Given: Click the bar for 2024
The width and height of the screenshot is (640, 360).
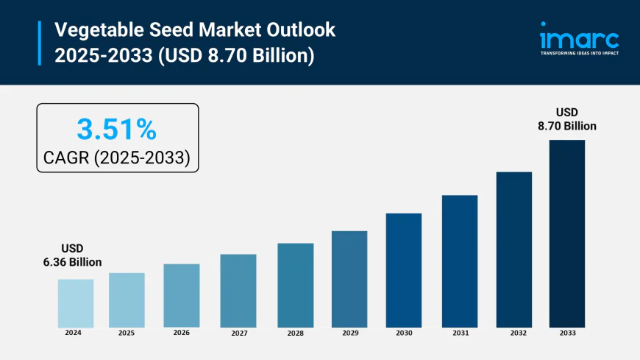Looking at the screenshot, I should tap(76, 303).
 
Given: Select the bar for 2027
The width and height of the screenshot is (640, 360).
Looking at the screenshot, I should tap(238, 291).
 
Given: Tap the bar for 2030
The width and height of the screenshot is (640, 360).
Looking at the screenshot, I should tap(404, 270).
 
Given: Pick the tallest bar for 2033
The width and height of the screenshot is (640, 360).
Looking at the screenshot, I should tap(566, 233).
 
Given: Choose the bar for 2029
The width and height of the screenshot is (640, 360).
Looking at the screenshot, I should tap(349, 279).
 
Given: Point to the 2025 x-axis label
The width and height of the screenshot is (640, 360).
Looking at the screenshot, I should tap(127, 333).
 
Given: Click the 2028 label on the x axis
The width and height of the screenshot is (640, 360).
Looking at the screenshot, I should tap(296, 333).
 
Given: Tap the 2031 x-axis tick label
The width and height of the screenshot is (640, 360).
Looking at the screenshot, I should tap(460, 333).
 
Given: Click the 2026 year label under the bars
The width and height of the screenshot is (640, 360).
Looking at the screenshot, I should tap(182, 333).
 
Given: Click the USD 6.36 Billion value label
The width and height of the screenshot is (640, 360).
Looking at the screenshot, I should tap(71, 255).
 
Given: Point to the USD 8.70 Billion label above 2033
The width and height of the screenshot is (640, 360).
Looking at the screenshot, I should tap(566, 119).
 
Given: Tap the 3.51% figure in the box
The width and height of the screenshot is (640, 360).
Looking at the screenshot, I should tap(117, 130).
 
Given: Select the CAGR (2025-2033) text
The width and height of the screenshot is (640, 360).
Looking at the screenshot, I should tap(117, 157).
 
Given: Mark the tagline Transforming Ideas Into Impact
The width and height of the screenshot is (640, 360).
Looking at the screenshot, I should tap(580, 54).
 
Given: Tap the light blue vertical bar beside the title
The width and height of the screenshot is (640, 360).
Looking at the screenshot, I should tap(40, 43).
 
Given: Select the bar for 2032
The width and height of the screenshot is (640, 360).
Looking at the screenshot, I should tap(514, 250).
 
